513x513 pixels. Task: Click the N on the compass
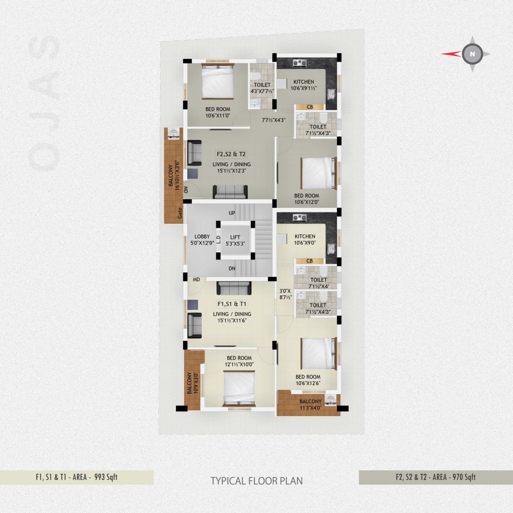pos(472,54)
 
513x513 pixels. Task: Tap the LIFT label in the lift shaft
pos(235,237)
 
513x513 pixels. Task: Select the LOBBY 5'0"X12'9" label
pos(202,240)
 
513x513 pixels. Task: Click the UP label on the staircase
pos(232,213)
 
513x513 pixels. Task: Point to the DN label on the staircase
pos(232,268)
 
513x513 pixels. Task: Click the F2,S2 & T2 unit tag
pos(231,154)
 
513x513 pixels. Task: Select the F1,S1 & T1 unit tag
pos(232,304)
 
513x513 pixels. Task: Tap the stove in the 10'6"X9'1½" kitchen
pos(299,63)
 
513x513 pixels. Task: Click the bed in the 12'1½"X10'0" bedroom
pos(239,389)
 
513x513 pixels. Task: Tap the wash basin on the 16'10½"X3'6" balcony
pos(173,133)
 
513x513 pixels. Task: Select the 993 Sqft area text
pos(106,477)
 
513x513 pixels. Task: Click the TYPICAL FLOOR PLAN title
pos(256,481)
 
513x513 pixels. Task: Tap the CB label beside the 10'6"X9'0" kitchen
pos(310,261)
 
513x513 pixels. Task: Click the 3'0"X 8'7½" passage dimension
pos(285,294)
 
